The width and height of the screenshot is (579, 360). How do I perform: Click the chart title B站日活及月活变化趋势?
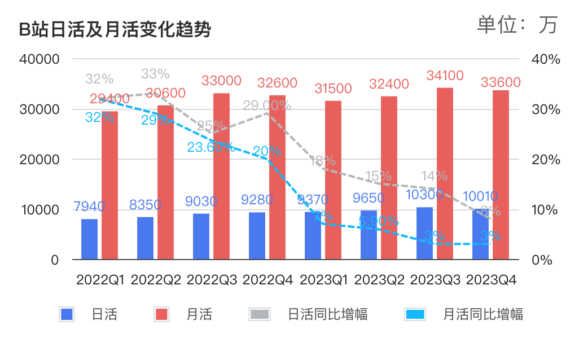tap(115, 30)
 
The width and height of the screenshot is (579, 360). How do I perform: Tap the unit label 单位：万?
tap(517, 24)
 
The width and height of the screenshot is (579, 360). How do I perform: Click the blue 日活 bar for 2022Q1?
tap(89, 239)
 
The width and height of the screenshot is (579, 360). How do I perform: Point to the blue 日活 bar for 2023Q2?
tap(369, 235)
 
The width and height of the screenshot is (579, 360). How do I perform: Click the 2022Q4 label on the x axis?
tap(267, 280)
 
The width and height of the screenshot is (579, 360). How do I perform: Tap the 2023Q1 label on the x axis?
tap(323, 280)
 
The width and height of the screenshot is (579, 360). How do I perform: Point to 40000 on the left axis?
tap(39, 59)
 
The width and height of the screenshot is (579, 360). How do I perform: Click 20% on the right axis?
tap(546, 160)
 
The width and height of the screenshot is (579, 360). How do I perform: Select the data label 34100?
tap(445, 76)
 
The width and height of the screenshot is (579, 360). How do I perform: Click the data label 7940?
tap(89, 207)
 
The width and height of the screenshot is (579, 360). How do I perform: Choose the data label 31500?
tap(332, 89)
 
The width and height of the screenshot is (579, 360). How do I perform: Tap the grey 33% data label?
tap(155, 74)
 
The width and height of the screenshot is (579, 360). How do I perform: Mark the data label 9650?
tap(369, 198)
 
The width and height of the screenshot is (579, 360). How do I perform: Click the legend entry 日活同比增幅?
tap(327, 314)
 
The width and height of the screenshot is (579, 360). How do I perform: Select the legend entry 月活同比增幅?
tap(483, 314)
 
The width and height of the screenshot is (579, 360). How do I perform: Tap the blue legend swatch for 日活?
tap(67, 314)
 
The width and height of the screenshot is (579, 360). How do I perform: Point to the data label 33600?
tap(501, 83)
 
